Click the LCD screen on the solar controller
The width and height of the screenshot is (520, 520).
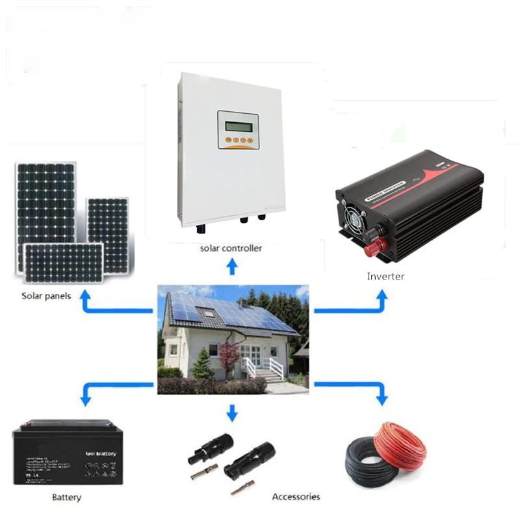coord(237,123)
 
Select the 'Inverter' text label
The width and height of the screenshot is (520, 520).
coord(385,276)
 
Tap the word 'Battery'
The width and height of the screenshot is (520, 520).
coord(66,498)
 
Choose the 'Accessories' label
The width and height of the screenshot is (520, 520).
coord(296,497)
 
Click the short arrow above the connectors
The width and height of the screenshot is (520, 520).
coord(232,412)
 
